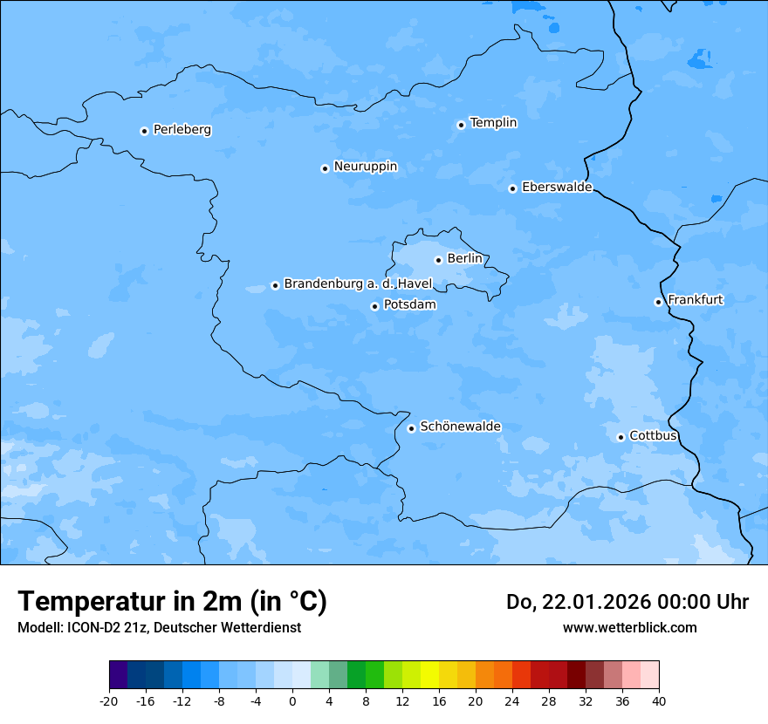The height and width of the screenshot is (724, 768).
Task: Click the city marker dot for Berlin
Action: pyautogui.click(x=438, y=260)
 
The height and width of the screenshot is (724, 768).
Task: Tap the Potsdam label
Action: pyautogui.click(x=409, y=305)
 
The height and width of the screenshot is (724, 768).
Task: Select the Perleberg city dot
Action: pyautogui.click(x=144, y=131)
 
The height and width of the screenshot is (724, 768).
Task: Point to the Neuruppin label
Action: pyautogui.click(x=365, y=167)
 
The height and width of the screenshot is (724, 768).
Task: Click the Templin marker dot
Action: pyautogui.click(x=461, y=125)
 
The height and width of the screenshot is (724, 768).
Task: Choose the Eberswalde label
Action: pyautogui.click(x=557, y=188)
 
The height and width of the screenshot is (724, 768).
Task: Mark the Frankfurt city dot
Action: pyautogui.click(x=658, y=302)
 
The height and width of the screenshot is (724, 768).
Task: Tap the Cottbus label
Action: pyautogui.click(x=653, y=435)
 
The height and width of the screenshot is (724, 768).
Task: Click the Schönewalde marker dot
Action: pyautogui.click(x=411, y=428)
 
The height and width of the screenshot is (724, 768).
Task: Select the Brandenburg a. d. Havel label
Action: pyautogui.click(x=358, y=283)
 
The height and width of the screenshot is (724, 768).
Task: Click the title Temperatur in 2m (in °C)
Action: pyautogui.click(x=172, y=602)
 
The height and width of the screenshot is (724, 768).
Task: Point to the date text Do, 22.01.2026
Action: pyautogui.click(x=579, y=603)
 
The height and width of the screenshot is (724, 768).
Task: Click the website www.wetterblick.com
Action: pyautogui.click(x=629, y=628)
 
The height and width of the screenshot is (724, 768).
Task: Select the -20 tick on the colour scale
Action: pyautogui.click(x=109, y=701)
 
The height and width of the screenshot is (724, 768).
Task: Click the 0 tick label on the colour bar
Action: pyautogui.click(x=292, y=701)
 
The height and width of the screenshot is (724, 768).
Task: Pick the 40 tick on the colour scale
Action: pyautogui.click(x=659, y=701)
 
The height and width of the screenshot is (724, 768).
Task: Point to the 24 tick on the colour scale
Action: pyautogui.click(x=512, y=701)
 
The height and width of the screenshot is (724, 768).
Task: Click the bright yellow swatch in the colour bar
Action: pyautogui.click(x=429, y=675)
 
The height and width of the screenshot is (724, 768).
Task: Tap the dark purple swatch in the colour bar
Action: pyautogui.click(x=119, y=675)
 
